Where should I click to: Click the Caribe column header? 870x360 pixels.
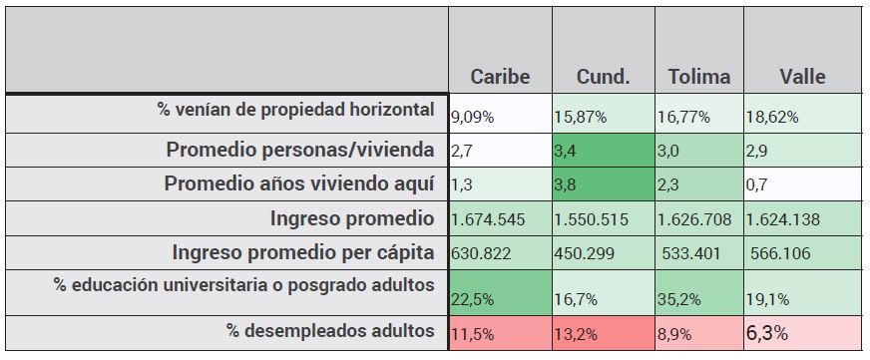click(500, 77)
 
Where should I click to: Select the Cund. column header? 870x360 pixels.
click(603, 77)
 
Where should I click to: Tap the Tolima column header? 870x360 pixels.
click(698, 77)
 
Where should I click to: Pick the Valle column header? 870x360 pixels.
click(803, 77)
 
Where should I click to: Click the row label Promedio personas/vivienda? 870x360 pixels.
click(300, 151)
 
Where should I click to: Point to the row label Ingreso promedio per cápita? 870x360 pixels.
click(303, 252)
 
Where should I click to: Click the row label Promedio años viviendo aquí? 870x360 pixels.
click(299, 184)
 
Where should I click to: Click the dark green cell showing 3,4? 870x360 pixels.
click(603, 152)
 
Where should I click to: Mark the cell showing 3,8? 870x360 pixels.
click(603, 185)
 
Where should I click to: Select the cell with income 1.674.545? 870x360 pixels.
click(500, 219)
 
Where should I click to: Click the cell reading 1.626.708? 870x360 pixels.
click(698, 219)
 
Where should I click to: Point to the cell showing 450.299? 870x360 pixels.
click(603, 253)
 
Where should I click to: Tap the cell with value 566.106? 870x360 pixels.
click(802, 253)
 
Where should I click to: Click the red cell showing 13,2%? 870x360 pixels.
click(603, 332)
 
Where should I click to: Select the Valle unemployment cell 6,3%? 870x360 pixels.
click(802, 331)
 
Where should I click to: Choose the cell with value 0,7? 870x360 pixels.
click(802, 185)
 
